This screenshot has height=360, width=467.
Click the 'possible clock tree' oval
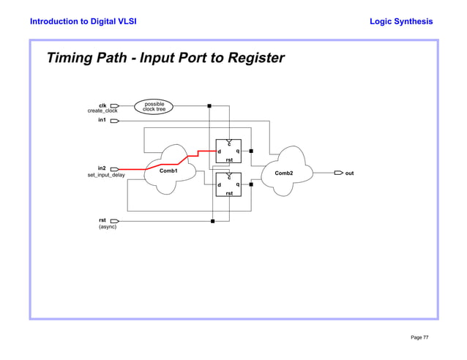point(154,107)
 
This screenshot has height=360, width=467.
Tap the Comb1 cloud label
point(170,171)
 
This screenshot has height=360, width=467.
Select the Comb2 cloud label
point(284,173)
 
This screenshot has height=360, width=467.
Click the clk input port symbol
point(115,106)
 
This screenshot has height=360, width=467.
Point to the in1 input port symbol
point(115,121)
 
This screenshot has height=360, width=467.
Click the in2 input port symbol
point(115,169)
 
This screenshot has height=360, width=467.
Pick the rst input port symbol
point(115,220)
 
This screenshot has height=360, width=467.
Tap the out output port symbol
point(338,173)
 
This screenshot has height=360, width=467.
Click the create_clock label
point(102,111)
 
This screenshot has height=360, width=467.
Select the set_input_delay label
point(106,176)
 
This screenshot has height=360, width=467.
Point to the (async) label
point(108,227)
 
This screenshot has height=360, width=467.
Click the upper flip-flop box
point(228,151)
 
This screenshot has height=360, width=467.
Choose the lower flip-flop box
point(228,185)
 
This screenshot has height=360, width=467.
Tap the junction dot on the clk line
point(210,106)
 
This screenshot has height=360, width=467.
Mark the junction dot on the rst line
point(212,220)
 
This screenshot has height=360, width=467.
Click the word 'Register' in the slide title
point(254,58)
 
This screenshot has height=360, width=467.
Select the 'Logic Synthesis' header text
point(401,21)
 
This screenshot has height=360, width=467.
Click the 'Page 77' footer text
point(419,337)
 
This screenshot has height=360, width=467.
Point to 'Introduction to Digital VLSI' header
point(83,21)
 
